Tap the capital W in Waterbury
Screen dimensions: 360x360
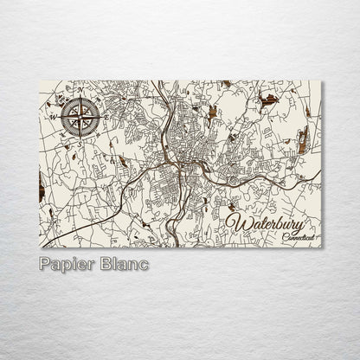click(x=235, y=224)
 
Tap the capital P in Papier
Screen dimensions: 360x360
click(x=45, y=263)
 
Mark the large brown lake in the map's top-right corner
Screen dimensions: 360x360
click(x=270, y=99)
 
